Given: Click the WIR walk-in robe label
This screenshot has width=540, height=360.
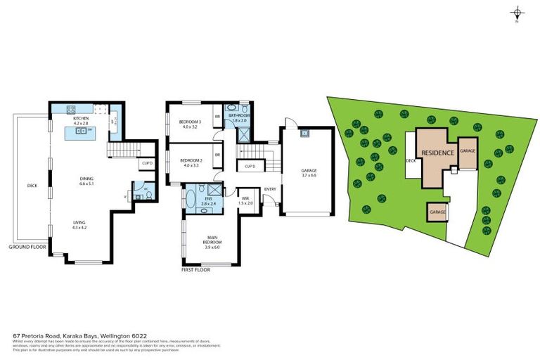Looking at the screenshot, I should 245,198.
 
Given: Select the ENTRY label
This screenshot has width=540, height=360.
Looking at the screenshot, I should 270,189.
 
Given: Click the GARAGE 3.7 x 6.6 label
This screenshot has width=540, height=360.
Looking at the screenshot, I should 309,172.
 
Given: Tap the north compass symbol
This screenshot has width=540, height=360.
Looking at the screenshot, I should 517,13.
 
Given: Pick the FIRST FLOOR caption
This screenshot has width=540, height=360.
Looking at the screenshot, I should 198,269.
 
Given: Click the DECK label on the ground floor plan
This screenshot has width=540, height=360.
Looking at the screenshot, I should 32,186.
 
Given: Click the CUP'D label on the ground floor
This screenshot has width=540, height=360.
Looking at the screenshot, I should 147,163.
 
